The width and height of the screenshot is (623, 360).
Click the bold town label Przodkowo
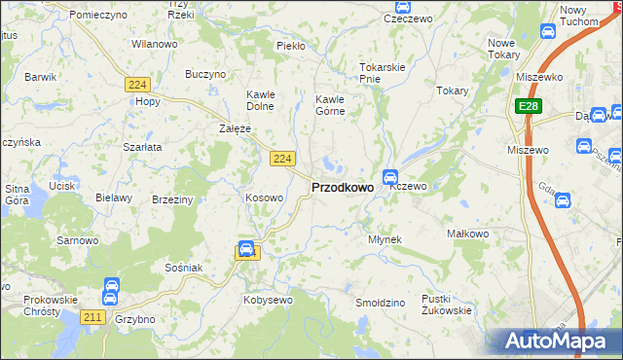pos(342,188)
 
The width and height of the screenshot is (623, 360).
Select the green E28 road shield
pos(527,106)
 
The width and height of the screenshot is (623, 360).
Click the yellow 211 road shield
pos(93,316)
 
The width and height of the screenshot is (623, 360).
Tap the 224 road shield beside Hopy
pos(136,86)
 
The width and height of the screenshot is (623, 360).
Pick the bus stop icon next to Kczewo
pos(389,177)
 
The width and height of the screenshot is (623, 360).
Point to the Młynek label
pos(385,238)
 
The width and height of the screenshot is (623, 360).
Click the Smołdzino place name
pos(380,303)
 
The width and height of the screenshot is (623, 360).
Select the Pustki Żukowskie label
pos(447,305)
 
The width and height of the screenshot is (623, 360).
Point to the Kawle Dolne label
pos(261,100)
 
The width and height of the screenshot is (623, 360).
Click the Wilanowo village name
pos(154,44)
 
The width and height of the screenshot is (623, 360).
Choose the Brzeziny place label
pos(172,198)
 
